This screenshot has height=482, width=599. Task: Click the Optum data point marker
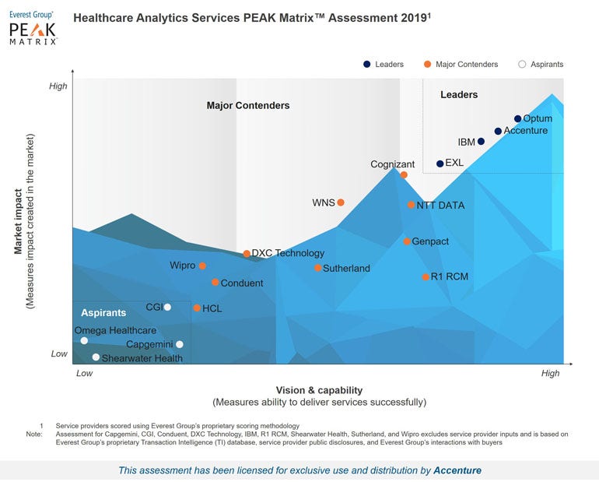click(x=517, y=119)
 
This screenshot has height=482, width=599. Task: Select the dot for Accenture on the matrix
click(x=498, y=131)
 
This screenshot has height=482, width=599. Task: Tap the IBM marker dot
click(x=481, y=142)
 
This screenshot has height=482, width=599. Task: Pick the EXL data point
click(x=440, y=164)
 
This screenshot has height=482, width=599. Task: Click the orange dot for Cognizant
click(x=404, y=174)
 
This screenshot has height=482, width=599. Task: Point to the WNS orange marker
click(x=340, y=202)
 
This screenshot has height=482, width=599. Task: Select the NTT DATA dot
click(x=411, y=206)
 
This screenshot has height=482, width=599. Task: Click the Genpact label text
click(x=430, y=241)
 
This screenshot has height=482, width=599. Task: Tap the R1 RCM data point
click(x=426, y=277)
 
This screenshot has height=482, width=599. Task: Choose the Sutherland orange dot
click(x=318, y=268)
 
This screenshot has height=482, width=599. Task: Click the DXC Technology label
click(x=288, y=253)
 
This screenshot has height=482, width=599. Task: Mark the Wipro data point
click(x=202, y=266)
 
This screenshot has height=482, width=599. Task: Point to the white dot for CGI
click(x=167, y=307)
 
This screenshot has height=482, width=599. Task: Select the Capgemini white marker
click(x=180, y=344)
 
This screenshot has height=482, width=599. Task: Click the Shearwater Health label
click(x=142, y=358)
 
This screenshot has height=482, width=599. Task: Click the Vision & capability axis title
click(x=319, y=390)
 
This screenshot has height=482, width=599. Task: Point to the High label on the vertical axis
click(x=58, y=86)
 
